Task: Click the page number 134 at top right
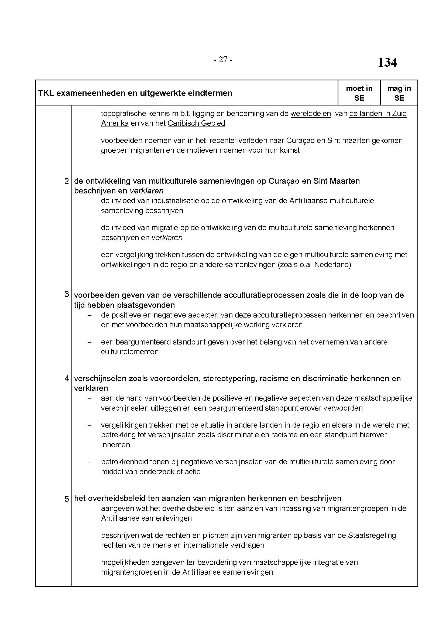coord(387,63)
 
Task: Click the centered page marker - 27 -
coord(223,59)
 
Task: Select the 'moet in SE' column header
coord(359,93)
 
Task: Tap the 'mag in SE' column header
coord(399,93)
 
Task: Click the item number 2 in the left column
coord(66,181)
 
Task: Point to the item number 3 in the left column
coord(66,294)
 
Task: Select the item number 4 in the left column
coord(66,378)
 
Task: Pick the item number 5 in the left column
coord(66,499)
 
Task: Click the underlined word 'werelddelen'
coord(311,114)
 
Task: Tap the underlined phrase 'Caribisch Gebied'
coord(196,123)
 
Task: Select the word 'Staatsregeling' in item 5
coord(372,535)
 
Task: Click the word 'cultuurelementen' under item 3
coord(130,352)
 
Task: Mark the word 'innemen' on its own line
coord(115,445)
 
